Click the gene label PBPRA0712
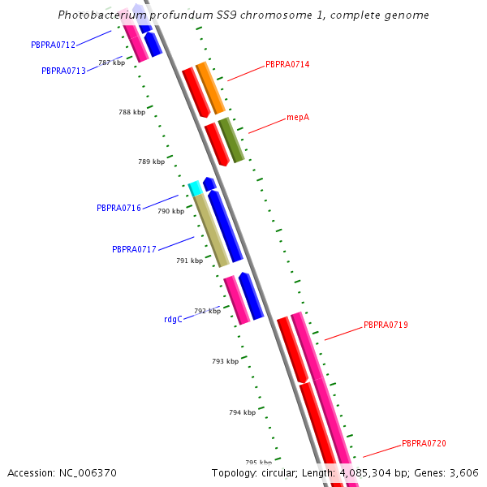click(x=53, y=45)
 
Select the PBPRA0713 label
click(x=63, y=71)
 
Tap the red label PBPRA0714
click(x=287, y=64)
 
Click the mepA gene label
click(x=298, y=118)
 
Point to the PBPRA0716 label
click(x=119, y=209)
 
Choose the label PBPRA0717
click(x=134, y=249)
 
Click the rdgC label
click(x=172, y=319)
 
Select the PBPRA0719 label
click(x=386, y=325)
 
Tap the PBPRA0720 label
click(x=424, y=443)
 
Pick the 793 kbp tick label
click(x=225, y=361)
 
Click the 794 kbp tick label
click(x=242, y=412)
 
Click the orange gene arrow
click(x=210, y=88)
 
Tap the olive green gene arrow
click(x=231, y=140)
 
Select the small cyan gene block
click(x=195, y=188)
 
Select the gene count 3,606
click(x=464, y=472)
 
